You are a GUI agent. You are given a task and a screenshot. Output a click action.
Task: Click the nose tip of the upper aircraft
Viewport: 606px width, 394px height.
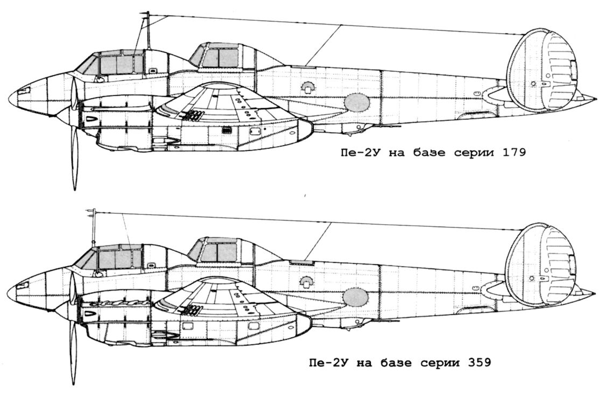tap(10, 99)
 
